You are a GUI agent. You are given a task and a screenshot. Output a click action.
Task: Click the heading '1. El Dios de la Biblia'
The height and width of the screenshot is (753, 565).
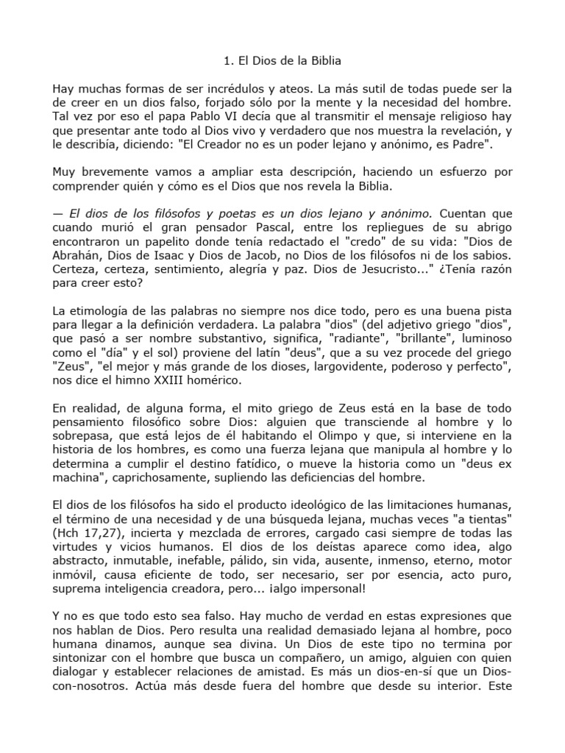point(282,61)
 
